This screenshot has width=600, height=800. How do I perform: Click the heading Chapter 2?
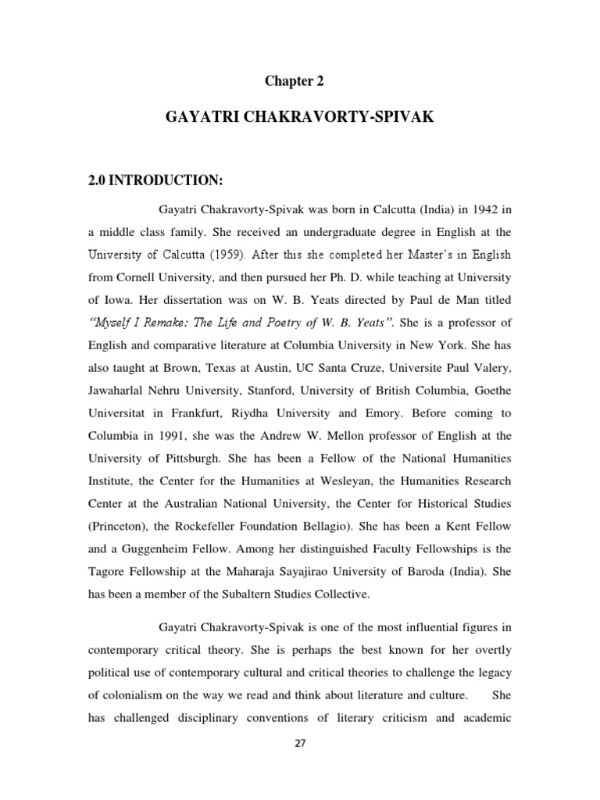(294, 80)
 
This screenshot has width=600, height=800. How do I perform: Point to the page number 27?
(300, 743)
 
